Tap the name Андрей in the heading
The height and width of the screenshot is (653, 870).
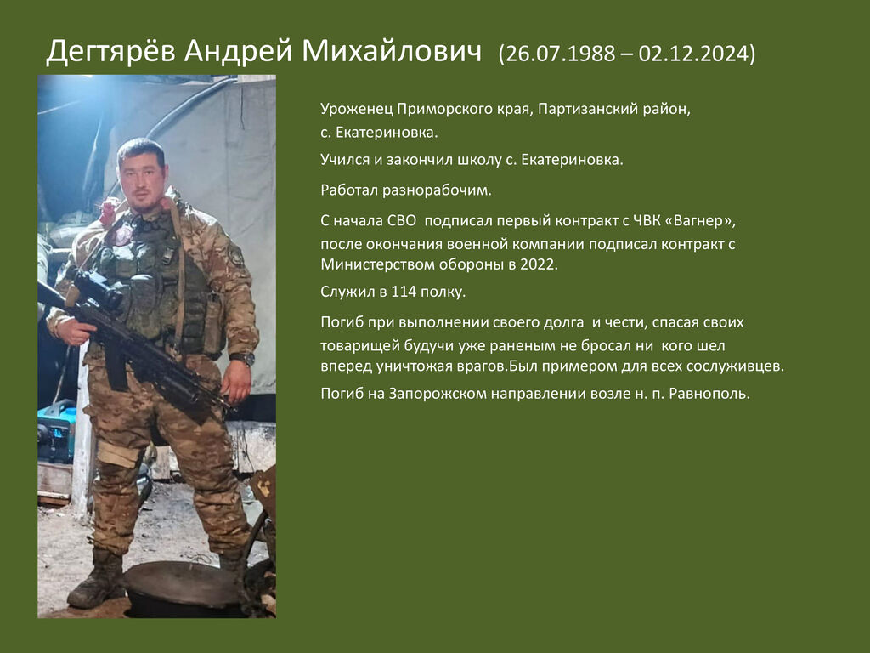point(238,52)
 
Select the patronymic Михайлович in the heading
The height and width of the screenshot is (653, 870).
point(392,51)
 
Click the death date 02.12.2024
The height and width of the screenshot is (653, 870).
point(694,54)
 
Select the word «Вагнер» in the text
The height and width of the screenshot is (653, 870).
point(700,220)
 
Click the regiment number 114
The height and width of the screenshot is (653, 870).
point(404,292)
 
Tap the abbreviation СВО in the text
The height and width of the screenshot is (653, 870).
point(401,220)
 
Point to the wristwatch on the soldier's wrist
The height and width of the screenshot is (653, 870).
point(242,359)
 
